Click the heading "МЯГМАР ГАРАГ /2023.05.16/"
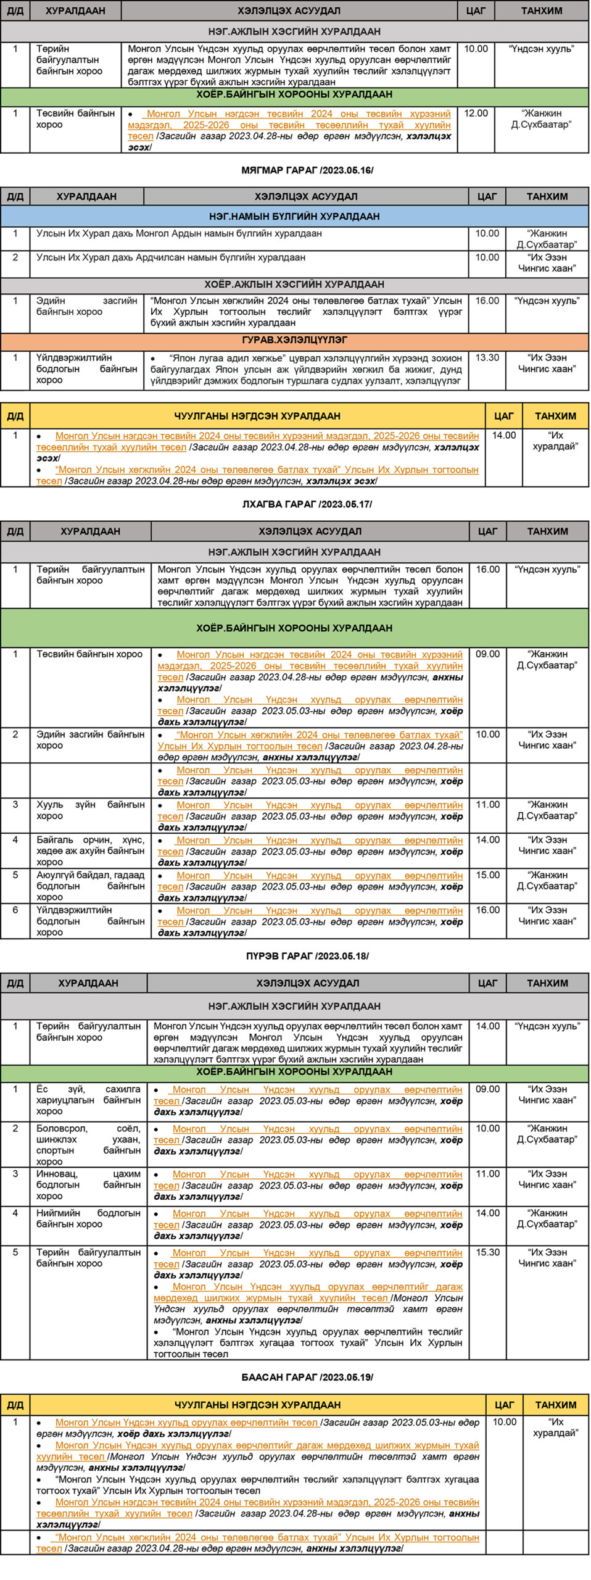pyautogui.click(x=307, y=170)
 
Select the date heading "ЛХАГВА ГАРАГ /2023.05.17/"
pyautogui.click(x=307, y=504)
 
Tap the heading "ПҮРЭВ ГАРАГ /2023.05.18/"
pyautogui.click(x=307, y=956)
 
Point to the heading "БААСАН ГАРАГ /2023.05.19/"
pyautogui.click(x=307, y=1377)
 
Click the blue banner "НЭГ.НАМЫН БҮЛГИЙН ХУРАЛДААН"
pyautogui.click(x=294, y=216)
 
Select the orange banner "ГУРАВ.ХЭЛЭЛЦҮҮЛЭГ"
pyautogui.click(x=294, y=340)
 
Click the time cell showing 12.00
pyautogui.click(x=476, y=114)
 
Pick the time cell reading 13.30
pyautogui.click(x=487, y=358)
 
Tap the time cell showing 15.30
pyautogui.click(x=487, y=1252)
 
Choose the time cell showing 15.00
pyautogui.click(x=487, y=875)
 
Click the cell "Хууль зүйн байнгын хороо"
pyautogui.click(x=90, y=810)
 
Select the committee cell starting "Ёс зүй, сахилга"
pyautogui.click(x=88, y=1100)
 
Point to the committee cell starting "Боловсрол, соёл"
pyautogui.click(x=88, y=1144)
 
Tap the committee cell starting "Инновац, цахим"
pyautogui.click(x=88, y=1184)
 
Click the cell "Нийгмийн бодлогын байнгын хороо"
pyautogui.click(x=88, y=1218)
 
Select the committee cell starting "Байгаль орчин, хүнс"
pyautogui.click(x=90, y=850)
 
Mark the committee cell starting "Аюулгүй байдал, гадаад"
pyautogui.click(x=90, y=886)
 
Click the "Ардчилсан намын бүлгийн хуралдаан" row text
pyautogui.click(x=171, y=258)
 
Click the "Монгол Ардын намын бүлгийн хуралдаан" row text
pyautogui.click(x=179, y=234)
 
